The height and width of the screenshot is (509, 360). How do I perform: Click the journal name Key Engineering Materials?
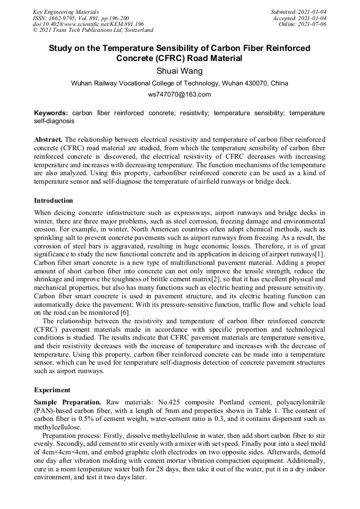pos(65,12)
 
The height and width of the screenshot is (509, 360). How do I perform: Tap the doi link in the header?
pos(88,24)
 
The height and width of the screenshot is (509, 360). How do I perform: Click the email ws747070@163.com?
pos(179,94)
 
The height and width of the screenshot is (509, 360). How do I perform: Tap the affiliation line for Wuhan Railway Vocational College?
pos(179,83)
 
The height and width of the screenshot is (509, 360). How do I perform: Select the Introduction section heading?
pos(54,201)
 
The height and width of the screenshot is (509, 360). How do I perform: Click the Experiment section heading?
pos(52,390)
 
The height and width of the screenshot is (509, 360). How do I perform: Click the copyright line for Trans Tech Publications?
pos(93,30)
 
